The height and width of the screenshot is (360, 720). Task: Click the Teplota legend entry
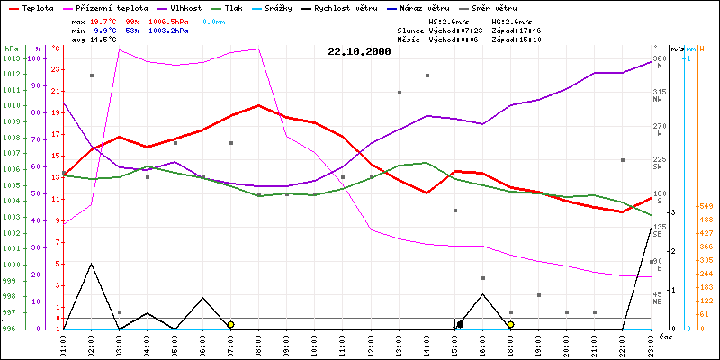37,6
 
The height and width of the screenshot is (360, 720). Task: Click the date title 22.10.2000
359,52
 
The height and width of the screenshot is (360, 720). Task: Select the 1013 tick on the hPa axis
11,58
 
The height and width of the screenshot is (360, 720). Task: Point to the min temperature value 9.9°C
106,30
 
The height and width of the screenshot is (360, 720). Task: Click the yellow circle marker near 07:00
231,324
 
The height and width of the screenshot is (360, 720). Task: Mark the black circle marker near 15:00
460,324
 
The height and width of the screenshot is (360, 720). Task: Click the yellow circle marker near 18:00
510,324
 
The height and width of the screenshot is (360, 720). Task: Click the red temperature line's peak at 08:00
259,105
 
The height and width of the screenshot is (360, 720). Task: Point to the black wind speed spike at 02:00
91,264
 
